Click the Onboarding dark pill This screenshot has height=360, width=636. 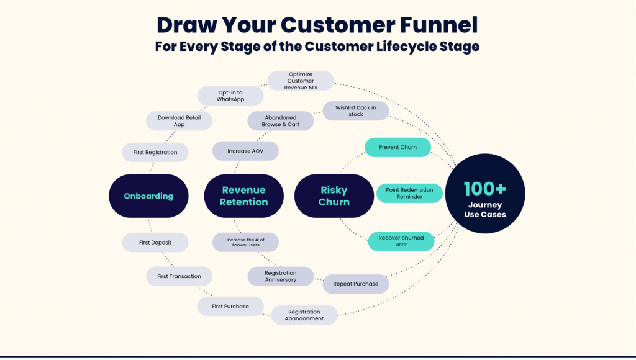pyautogui.click(x=148, y=196)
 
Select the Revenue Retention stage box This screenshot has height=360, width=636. pyautogui.click(x=244, y=196)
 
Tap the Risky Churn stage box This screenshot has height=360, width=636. pyautogui.click(x=334, y=196)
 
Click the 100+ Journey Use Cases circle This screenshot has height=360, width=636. pyautogui.click(x=485, y=196)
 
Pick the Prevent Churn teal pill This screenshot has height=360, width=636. pyautogui.click(x=397, y=148)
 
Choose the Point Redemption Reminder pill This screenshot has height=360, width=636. pyautogui.click(x=409, y=193)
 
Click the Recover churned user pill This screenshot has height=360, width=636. pyautogui.click(x=401, y=241)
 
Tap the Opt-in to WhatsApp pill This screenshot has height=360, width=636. pyautogui.click(x=230, y=96)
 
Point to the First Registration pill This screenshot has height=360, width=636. pyautogui.click(x=155, y=152)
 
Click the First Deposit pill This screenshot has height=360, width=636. pyautogui.click(x=155, y=243)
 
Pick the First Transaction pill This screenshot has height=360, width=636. pyautogui.click(x=179, y=276)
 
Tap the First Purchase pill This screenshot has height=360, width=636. pyautogui.click(x=230, y=306)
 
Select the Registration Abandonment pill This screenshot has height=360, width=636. pyautogui.click(x=304, y=315)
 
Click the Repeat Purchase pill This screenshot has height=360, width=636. pyautogui.click(x=356, y=284)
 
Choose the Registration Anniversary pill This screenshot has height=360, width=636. pyautogui.click(x=281, y=276)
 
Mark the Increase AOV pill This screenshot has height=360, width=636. pyautogui.click(x=245, y=151)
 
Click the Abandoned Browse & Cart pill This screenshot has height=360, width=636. pyautogui.click(x=281, y=120)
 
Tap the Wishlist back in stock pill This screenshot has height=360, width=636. pyautogui.click(x=356, y=111)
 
